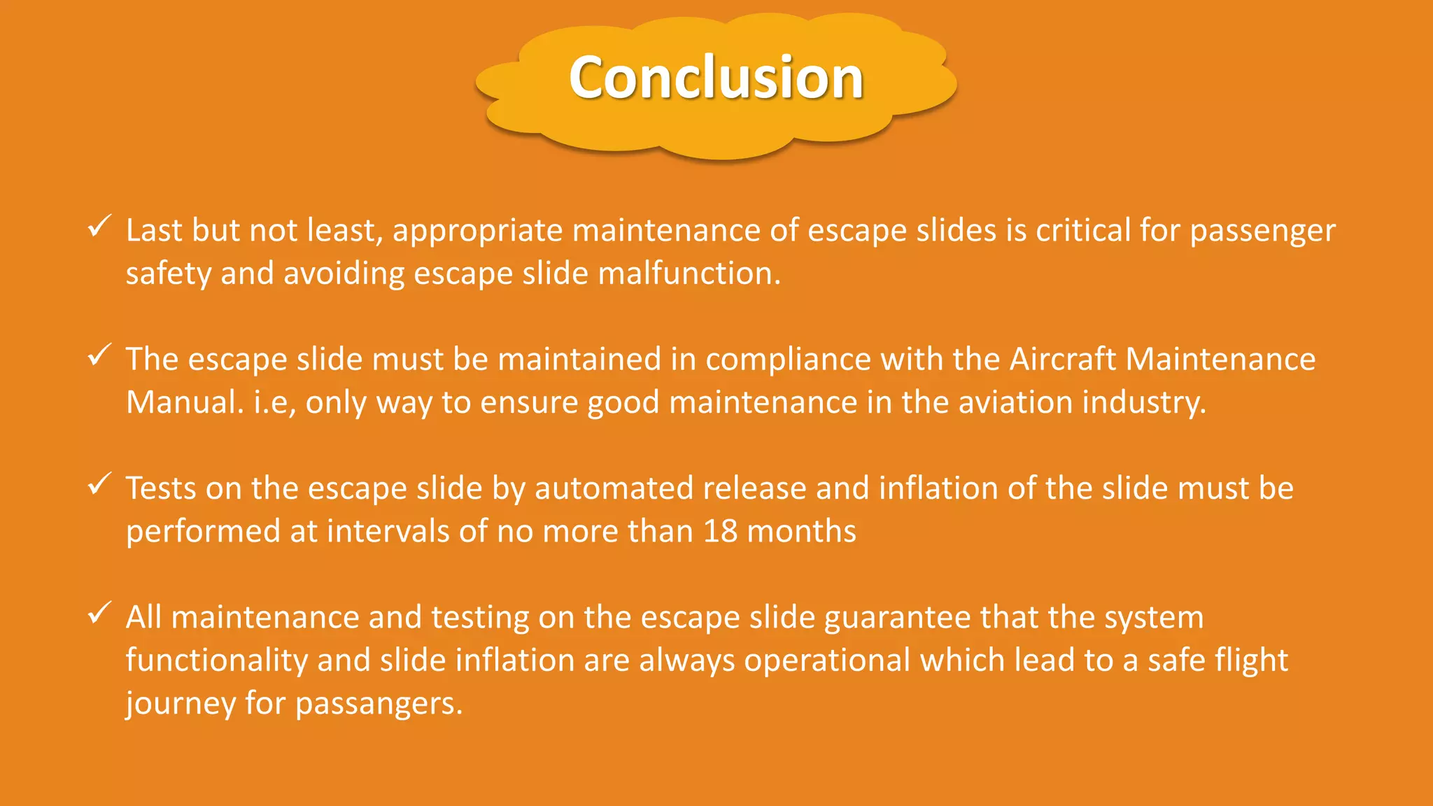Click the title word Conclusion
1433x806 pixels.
point(716,78)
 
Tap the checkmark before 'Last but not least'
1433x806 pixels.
point(99,226)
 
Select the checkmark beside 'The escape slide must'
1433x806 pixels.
point(99,355)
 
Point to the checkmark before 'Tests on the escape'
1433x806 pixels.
point(99,483)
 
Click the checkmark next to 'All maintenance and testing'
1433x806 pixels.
point(99,613)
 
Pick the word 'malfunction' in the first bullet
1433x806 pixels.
point(689,274)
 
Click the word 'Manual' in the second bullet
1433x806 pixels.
point(184,402)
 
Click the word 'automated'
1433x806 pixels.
point(614,488)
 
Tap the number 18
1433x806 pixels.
point(720,532)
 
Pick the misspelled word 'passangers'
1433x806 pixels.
point(379,704)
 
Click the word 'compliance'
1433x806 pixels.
point(788,360)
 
